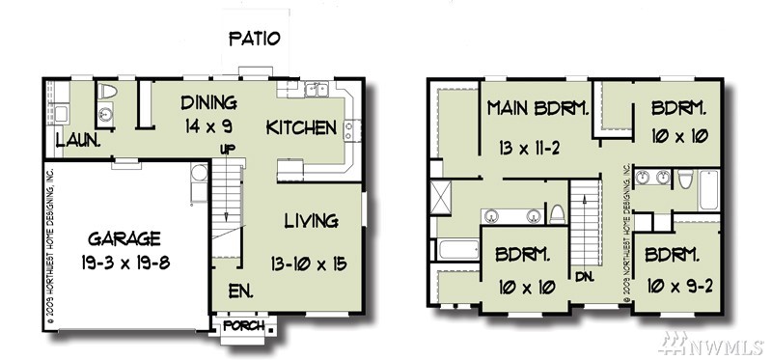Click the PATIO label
(255, 38)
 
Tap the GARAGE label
(124, 238)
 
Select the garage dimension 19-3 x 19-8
(126, 263)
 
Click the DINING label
(208, 103)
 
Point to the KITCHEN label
(301, 127)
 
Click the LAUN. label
(78, 140)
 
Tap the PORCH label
(244, 325)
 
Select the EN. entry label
(240, 291)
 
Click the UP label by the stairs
(228, 149)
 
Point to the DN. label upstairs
(585, 277)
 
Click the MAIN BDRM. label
(538, 108)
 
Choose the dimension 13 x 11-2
(529, 148)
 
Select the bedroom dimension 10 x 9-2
(678, 287)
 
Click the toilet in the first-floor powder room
(107, 91)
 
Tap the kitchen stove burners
(348, 130)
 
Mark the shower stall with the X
(440, 198)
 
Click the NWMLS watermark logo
(711, 344)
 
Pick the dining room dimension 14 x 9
(208, 126)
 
